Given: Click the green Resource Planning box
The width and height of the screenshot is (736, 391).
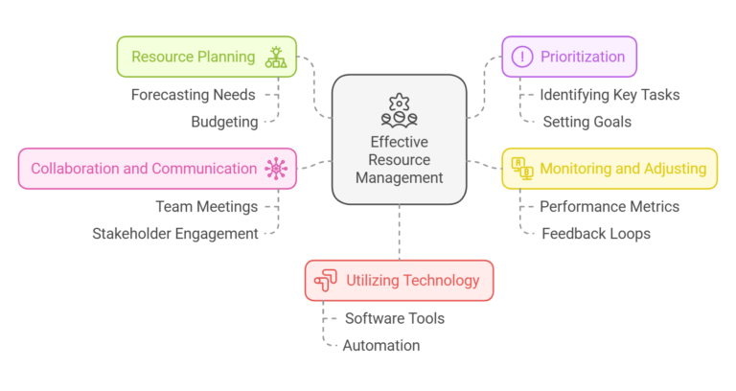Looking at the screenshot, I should coord(206,57).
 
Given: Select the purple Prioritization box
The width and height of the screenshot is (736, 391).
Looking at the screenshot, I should coord(569,57).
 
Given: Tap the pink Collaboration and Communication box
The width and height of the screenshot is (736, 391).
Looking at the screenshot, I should coord(157,169).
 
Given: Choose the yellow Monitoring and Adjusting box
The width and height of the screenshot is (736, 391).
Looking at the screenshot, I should coord(609,169).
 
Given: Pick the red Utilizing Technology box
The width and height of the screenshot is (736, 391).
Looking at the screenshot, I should coord(400,281).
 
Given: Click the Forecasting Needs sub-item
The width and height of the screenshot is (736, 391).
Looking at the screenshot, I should coord(194,95).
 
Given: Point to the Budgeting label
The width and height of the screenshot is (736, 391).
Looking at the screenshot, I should coord(224,122).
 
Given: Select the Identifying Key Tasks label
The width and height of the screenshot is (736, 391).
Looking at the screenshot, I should coord(609,95).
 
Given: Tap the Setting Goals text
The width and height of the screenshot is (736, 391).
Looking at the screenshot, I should coord(586,122).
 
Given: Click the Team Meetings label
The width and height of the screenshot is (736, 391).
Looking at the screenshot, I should coord(207,206).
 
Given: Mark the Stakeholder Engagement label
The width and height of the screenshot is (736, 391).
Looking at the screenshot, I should coord(175,233).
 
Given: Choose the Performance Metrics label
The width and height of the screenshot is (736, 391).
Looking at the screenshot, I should coord(609,206).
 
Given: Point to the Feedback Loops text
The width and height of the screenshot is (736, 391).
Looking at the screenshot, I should coord(596,233).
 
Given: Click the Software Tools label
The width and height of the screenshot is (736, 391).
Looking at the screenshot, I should coord(395,318).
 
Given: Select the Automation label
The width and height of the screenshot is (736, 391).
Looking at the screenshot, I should coord(381,345).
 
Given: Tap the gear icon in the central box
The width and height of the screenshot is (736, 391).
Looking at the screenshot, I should coord(399,103).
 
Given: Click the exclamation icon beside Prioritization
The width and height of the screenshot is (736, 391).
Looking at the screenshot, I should coord(523,57).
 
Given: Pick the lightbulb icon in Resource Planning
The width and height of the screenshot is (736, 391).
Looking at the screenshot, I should coord(276,57).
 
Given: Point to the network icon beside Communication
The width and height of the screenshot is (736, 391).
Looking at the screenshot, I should coord(277,169).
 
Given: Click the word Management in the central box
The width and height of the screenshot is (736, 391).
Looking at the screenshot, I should coord(399,177).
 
